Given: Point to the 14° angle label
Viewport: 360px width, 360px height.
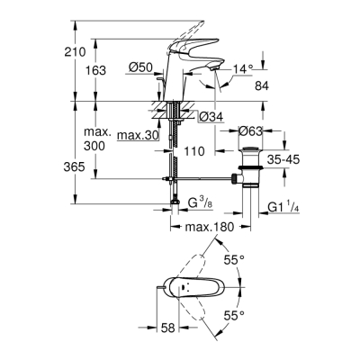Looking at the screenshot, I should [244, 68].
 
